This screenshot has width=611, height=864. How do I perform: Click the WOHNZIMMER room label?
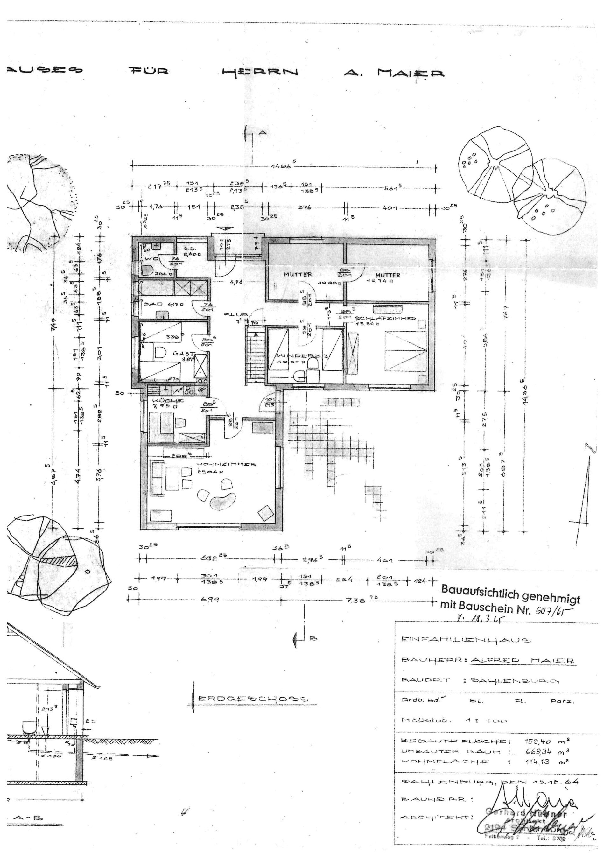pos(226,464)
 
